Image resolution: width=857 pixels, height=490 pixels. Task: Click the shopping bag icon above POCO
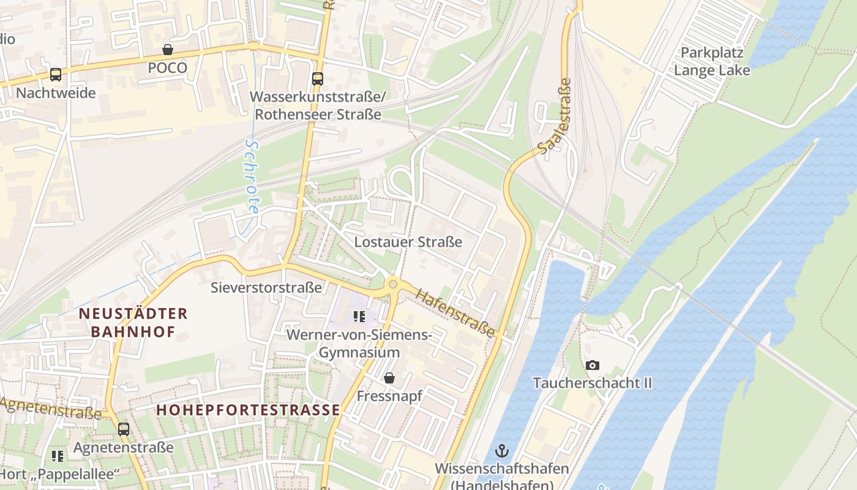coord(167,50)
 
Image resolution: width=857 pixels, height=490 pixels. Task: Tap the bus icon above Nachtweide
coord(56,75)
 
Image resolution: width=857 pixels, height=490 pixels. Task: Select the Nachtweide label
coord(56,93)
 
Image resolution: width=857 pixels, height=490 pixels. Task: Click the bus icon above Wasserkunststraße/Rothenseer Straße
coord(317,78)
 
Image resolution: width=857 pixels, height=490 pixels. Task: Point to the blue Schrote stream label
coord(252,176)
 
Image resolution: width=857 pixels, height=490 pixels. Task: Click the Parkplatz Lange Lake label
coord(711,61)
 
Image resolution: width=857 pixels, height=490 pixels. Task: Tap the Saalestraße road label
coord(555,116)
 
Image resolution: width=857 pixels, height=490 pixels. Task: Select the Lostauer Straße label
coord(408,242)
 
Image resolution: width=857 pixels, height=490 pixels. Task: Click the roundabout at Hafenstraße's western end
coord(393,284)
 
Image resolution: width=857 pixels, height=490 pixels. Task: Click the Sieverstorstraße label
coord(266,287)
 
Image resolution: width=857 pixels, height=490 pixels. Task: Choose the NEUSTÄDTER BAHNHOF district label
coord(133,323)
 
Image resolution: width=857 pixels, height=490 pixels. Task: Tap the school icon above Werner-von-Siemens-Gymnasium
coord(359,317)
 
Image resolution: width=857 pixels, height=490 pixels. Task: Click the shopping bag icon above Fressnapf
coord(389,378)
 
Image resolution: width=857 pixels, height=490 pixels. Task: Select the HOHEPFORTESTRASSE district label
coord(248,410)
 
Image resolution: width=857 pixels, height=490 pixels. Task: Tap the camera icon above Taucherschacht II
coord(592,366)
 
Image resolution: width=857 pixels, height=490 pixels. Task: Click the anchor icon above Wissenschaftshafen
coord(502,451)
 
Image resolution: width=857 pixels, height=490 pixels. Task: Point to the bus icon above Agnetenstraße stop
coord(124,429)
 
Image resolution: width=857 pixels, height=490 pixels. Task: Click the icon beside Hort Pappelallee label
coord(58,456)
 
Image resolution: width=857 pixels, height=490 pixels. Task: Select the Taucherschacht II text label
coord(592,383)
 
